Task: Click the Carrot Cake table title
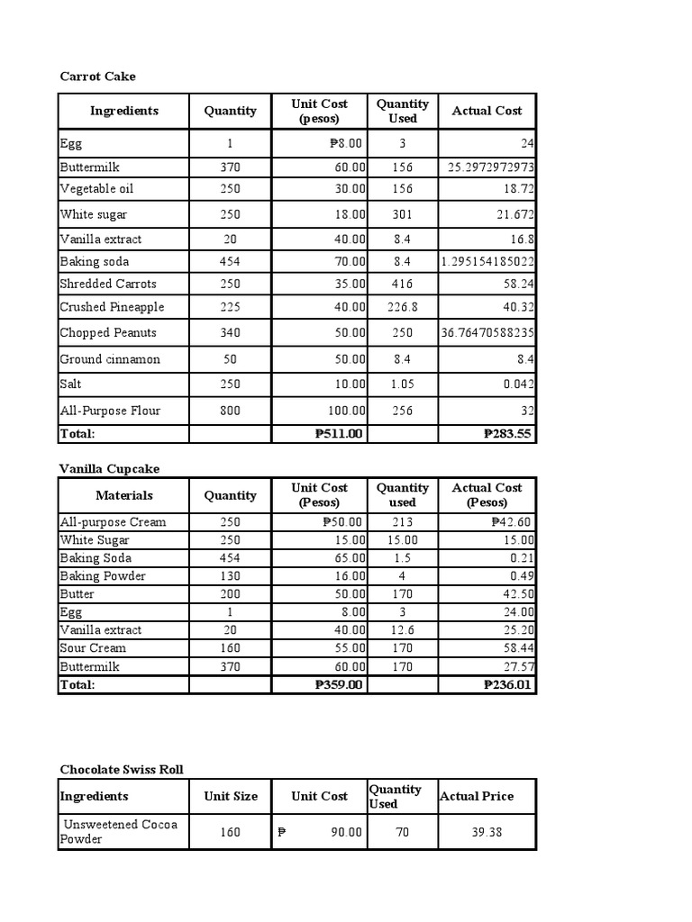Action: pos(97,77)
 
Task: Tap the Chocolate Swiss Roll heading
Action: pos(122,769)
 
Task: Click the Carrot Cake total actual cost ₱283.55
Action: pos(508,433)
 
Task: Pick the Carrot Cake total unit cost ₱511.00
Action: pos(339,433)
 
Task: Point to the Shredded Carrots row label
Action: pos(102,284)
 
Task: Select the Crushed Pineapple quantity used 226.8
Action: pos(402,307)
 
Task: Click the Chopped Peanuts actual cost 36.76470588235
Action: pos(487,332)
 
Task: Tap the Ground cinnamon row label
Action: pos(110,359)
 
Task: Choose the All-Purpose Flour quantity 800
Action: pos(230,411)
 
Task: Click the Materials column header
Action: pos(124,495)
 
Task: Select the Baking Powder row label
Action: pos(103,576)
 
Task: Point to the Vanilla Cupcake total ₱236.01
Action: pos(508,684)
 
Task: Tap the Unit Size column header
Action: pos(230,796)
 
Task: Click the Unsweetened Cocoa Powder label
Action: pos(118,831)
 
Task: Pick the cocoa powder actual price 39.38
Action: pos(487,832)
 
